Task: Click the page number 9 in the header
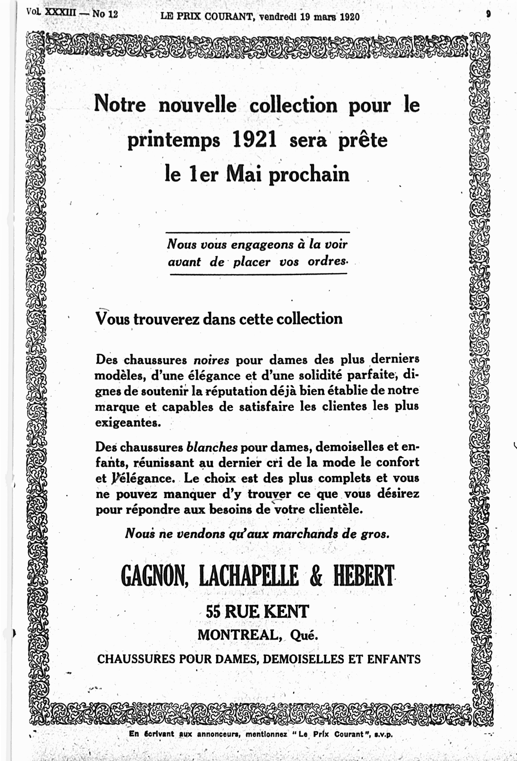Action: click(488, 14)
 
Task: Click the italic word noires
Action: click(211, 360)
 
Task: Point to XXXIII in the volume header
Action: click(60, 13)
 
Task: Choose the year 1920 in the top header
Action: click(350, 17)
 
